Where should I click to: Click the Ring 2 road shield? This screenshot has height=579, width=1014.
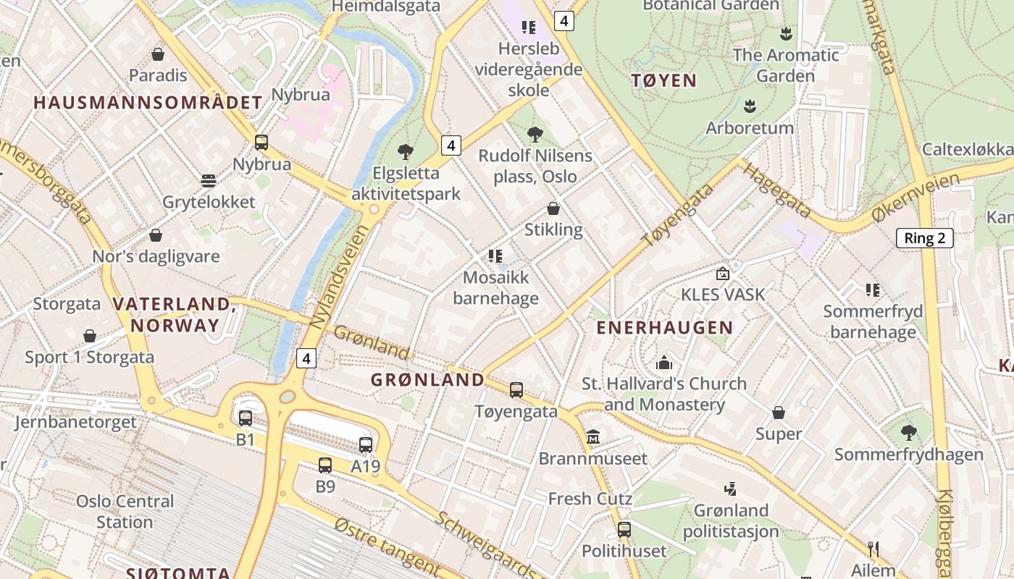[924, 238]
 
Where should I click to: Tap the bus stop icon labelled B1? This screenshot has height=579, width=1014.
[246, 418]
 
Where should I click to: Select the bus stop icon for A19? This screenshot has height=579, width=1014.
[366, 445]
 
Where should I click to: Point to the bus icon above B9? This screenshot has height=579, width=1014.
[325, 465]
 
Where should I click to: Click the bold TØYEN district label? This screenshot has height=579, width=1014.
[663, 80]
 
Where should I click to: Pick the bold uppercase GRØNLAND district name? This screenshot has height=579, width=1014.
[427, 379]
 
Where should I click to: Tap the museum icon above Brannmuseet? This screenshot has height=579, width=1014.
[593, 437]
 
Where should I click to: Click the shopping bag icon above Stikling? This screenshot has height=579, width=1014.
[553, 208]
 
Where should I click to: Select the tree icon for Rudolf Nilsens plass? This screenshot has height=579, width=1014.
[535, 134]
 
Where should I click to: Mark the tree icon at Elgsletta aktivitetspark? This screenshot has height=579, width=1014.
[406, 152]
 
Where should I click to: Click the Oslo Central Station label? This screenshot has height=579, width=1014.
[125, 511]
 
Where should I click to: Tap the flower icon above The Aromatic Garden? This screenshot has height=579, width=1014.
[785, 33]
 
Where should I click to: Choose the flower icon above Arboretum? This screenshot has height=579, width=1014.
[750, 106]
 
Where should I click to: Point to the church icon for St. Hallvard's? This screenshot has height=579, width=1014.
[664, 363]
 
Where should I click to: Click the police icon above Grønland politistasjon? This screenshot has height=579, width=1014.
[731, 489]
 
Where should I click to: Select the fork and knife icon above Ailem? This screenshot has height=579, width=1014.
[873, 549]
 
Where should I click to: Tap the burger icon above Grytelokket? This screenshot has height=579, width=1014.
[209, 180]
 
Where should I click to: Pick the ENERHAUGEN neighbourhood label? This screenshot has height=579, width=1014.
[664, 328]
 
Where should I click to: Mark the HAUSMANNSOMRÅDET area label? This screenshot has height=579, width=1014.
[148, 103]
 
